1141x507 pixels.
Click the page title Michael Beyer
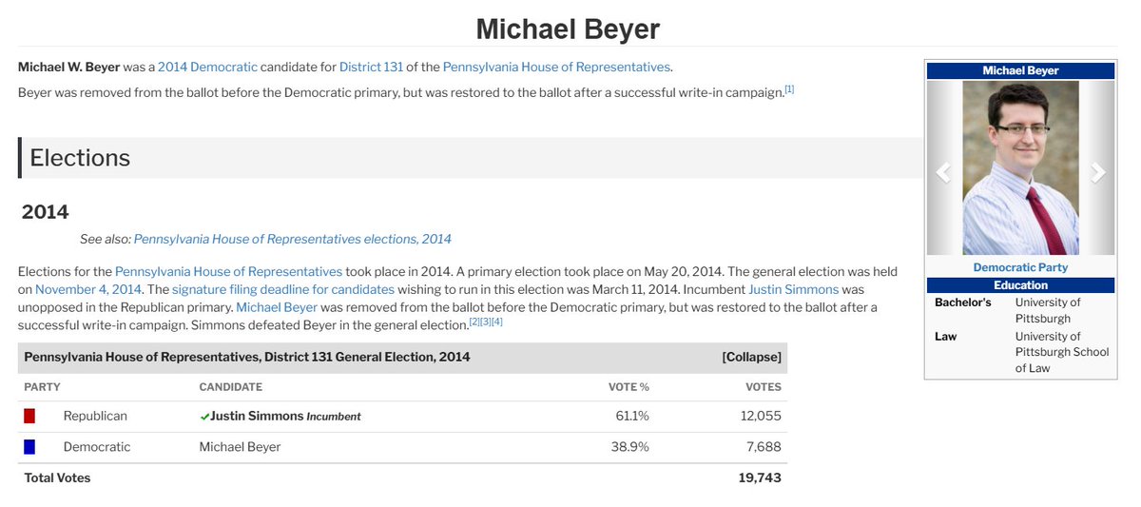point(568,29)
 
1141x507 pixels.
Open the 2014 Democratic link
point(207,67)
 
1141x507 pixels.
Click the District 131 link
point(371,67)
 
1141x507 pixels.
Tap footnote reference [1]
point(789,89)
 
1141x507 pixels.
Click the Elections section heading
point(80,158)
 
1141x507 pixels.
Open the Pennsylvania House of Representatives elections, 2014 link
point(293,239)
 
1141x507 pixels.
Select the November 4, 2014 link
point(88,289)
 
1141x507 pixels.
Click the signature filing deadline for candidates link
point(283,289)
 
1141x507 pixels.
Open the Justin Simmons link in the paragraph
point(793,289)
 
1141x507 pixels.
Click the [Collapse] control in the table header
point(751,357)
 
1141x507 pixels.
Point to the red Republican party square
point(29,416)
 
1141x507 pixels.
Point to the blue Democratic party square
point(29,447)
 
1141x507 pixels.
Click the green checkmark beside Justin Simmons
point(204,417)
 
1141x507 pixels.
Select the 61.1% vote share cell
point(632,416)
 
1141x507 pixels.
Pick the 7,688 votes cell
point(764,447)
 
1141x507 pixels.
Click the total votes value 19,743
point(760,478)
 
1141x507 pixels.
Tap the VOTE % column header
point(629,387)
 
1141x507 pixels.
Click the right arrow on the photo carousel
point(1097,172)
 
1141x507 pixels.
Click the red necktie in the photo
point(1045,220)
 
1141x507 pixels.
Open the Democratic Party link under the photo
point(1020,267)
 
